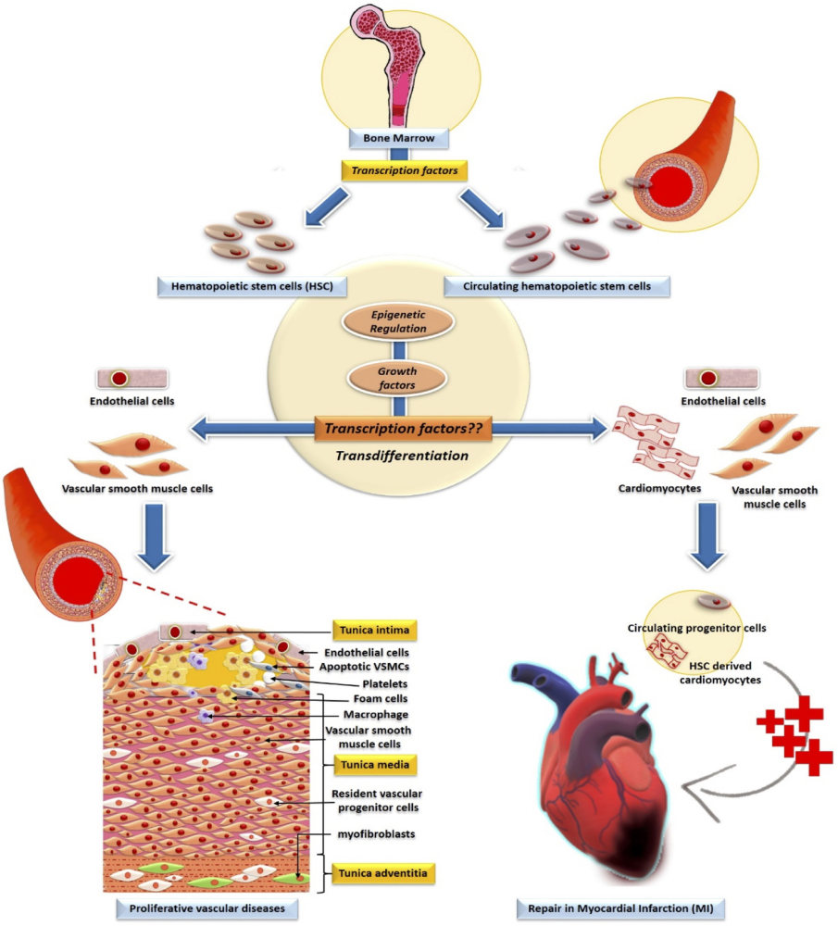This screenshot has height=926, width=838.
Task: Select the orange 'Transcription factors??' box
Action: (x=400, y=428)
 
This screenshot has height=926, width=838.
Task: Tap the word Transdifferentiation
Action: (x=400, y=456)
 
